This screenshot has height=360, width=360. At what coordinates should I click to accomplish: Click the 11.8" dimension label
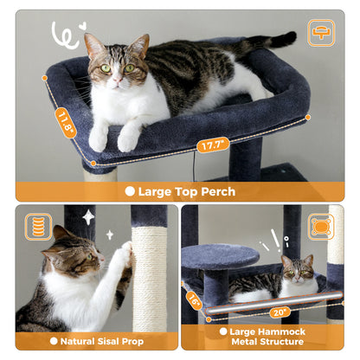click(66, 123)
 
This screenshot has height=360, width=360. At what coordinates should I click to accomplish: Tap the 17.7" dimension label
click(212, 145)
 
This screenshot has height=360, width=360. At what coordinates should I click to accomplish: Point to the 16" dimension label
click(194, 300)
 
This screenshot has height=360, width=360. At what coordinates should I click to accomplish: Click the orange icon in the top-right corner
click(321, 34)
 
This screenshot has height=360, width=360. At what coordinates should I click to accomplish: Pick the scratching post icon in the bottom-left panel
click(38, 227)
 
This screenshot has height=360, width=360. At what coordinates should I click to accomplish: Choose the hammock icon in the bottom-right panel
click(321, 227)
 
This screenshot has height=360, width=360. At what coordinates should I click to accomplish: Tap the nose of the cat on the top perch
click(113, 77)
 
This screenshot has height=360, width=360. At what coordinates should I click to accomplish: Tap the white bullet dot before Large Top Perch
click(129, 191)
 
